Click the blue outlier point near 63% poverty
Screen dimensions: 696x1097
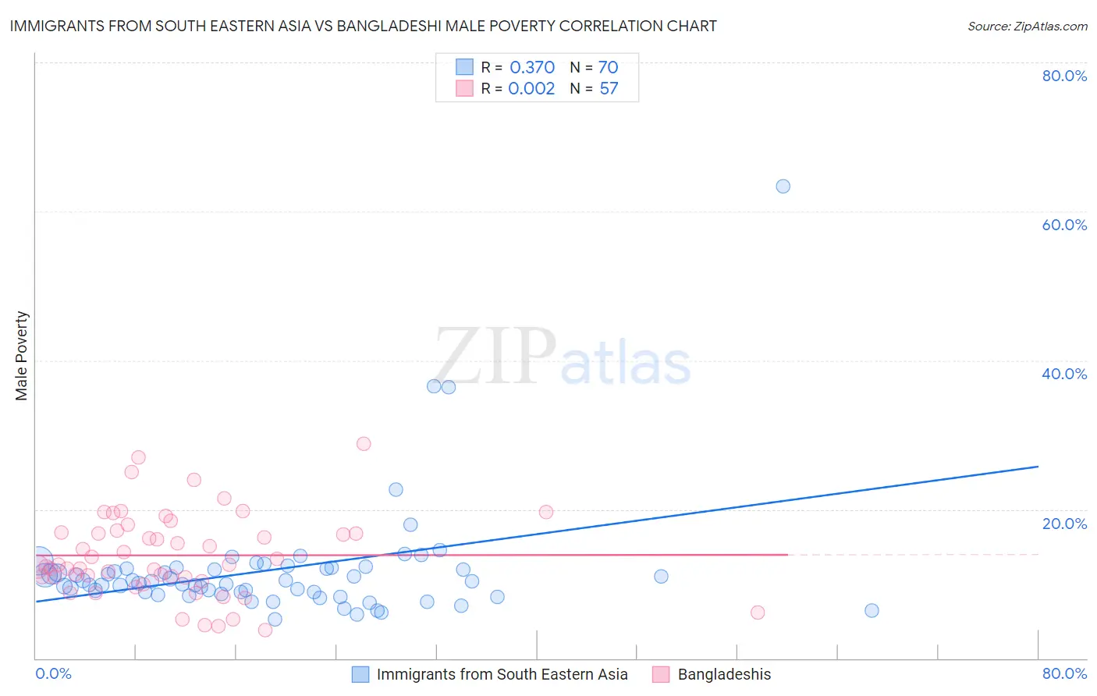783,186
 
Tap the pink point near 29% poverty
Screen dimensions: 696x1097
364,444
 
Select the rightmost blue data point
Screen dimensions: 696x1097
872,611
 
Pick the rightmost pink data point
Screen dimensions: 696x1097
758,613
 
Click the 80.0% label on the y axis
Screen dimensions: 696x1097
1064,76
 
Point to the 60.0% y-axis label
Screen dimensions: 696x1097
1064,225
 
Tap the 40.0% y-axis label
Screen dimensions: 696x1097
1064,374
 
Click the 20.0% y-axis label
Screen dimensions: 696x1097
1064,524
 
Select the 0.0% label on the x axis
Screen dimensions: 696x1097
53,673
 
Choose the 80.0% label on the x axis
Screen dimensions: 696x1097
1064,673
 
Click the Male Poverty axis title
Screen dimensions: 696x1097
22,356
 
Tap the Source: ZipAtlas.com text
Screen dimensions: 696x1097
1027,27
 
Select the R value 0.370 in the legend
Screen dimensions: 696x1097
532,68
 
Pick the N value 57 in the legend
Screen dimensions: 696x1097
609,89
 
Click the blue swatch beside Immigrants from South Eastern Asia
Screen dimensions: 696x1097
360,674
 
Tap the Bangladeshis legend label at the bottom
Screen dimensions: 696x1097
724,674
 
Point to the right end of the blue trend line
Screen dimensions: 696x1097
1038,467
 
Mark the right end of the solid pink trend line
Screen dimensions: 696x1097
788,555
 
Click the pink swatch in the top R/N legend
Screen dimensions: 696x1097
464,88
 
